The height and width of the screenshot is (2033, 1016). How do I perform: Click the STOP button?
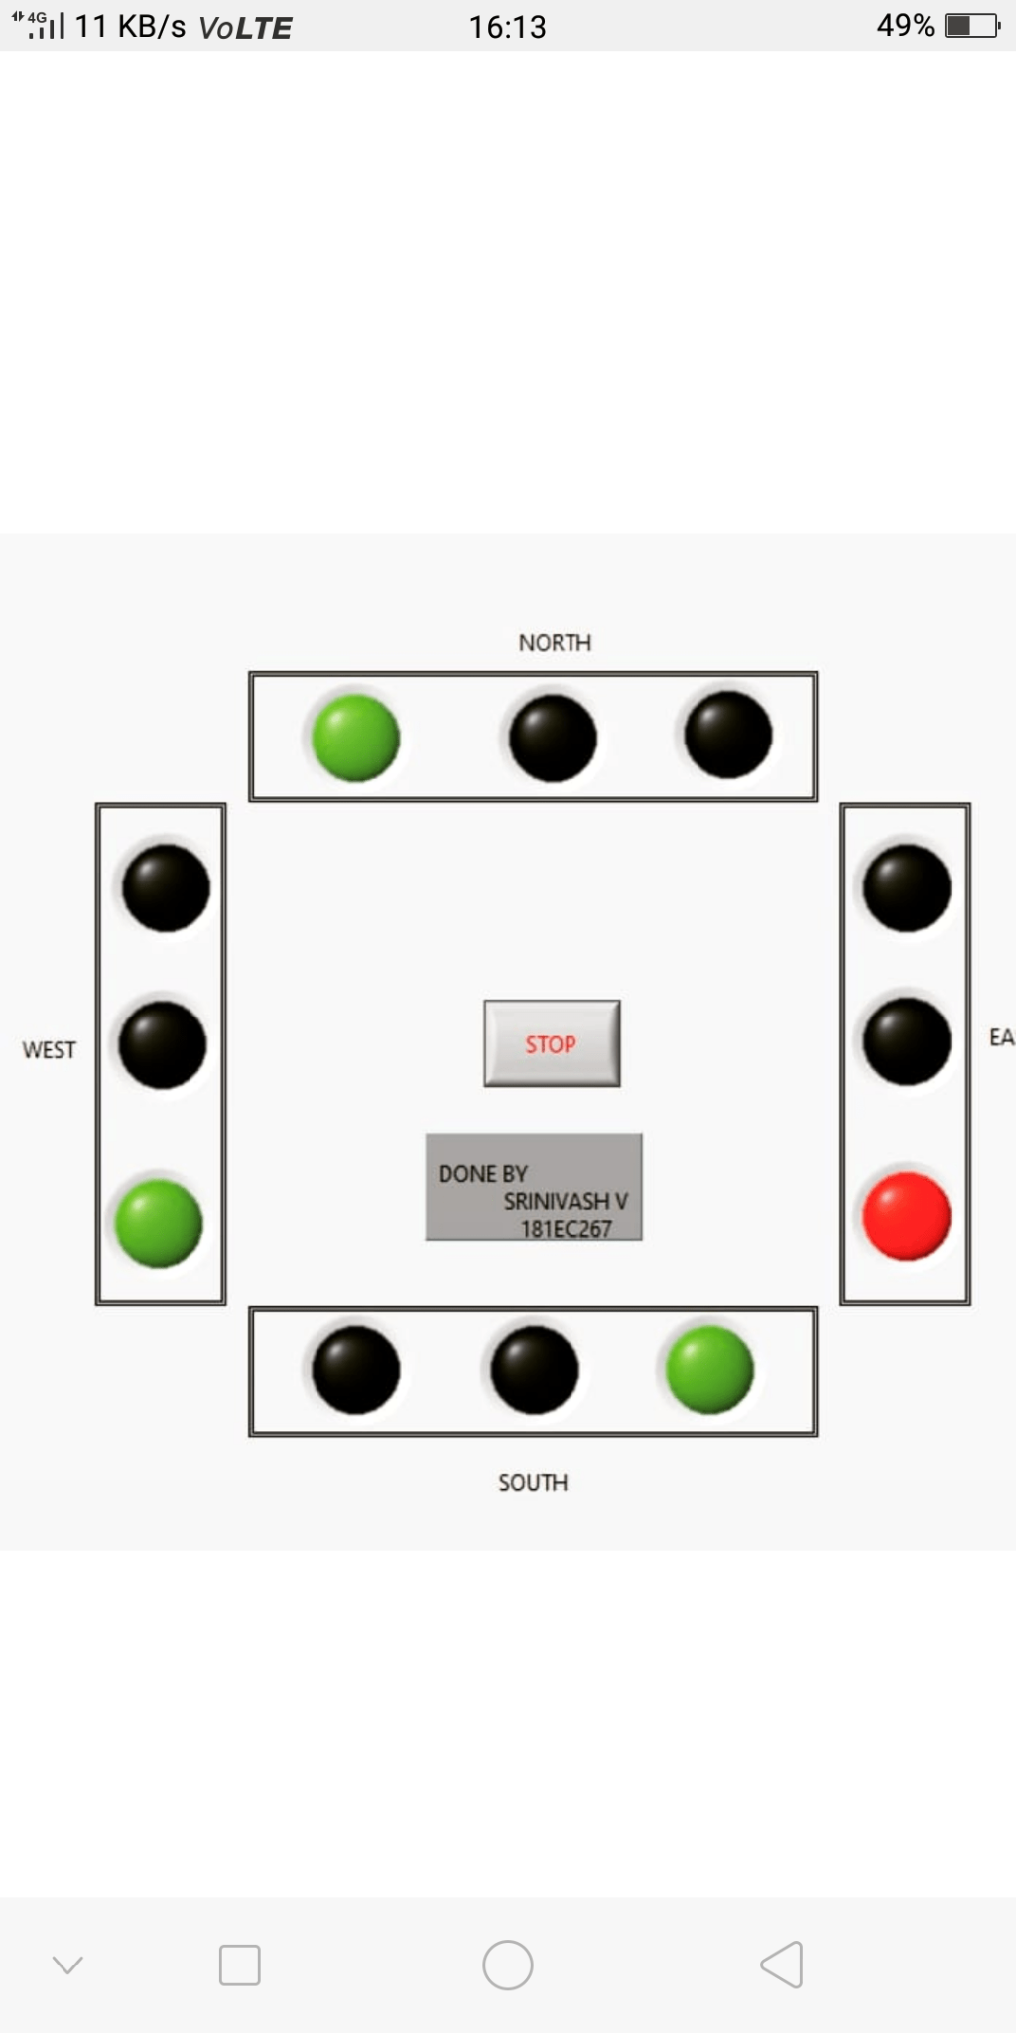pyautogui.click(x=552, y=1043)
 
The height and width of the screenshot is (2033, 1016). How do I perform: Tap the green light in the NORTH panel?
pyautogui.click(x=355, y=738)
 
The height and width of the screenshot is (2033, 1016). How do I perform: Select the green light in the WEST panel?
pyautogui.click(x=159, y=1223)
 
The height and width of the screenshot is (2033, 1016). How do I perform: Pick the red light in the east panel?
pyautogui.click(x=906, y=1216)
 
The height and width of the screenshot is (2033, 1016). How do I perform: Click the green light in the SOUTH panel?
pyautogui.click(x=709, y=1370)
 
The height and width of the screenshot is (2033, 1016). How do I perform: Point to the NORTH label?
pyautogui.click(x=555, y=643)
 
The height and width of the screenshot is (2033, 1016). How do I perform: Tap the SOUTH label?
pyautogui.click(x=533, y=1483)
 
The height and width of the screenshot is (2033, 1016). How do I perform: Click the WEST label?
pyautogui.click(x=49, y=1050)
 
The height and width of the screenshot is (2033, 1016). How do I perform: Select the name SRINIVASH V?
pyautogui.click(x=566, y=1201)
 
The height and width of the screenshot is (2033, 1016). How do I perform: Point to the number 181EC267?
pyautogui.click(x=567, y=1229)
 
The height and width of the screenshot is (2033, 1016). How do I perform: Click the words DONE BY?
pyautogui.click(x=483, y=1174)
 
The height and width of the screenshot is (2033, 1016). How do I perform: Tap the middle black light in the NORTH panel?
pyautogui.click(x=553, y=738)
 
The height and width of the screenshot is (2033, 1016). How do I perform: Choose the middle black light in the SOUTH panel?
pyautogui.click(x=534, y=1370)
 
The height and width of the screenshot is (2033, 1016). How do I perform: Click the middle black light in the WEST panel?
pyautogui.click(x=163, y=1044)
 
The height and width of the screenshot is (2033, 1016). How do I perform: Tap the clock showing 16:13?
pyautogui.click(x=507, y=27)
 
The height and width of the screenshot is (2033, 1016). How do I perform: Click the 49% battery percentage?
pyautogui.click(x=905, y=26)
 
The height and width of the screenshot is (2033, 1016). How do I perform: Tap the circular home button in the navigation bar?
pyautogui.click(x=507, y=1965)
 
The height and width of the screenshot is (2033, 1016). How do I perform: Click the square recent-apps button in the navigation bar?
pyautogui.click(x=239, y=1965)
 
